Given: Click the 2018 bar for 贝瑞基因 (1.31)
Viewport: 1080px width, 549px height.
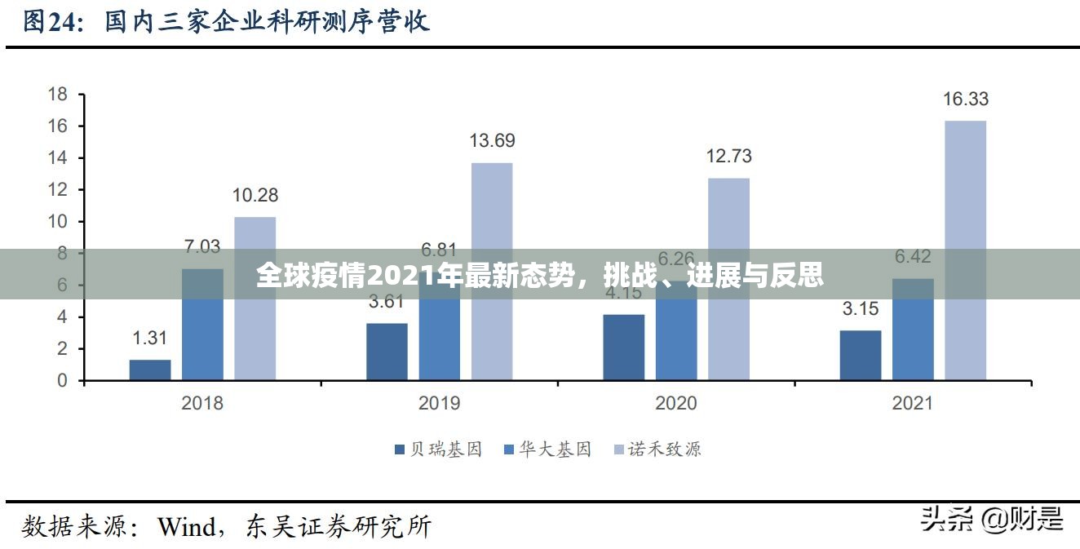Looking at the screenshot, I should click(150, 370).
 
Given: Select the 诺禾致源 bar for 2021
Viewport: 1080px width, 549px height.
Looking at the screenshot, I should click(965, 250).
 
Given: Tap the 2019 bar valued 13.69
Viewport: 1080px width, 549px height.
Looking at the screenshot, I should click(492, 271).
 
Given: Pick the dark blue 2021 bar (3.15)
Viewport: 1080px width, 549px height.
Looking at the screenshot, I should click(861, 355).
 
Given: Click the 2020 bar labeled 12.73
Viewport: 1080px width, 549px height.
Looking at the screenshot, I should click(728, 278).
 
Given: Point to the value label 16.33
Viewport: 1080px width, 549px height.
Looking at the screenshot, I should click(966, 100).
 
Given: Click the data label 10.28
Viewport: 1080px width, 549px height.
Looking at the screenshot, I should click(255, 195).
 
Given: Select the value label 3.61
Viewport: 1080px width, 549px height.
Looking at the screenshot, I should click(387, 302).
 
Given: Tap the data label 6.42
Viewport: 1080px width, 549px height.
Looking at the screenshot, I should click(913, 257).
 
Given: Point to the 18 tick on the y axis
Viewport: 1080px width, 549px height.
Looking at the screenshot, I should click(58, 94).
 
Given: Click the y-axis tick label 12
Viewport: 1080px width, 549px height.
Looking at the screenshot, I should click(58, 189).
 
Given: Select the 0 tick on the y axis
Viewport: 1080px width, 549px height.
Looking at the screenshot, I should click(63, 380).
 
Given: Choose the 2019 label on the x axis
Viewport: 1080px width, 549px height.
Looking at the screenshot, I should click(439, 402).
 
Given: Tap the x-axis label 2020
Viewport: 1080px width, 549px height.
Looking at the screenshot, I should click(675, 402).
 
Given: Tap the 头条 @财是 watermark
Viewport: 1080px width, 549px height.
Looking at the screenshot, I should click(992, 518).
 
